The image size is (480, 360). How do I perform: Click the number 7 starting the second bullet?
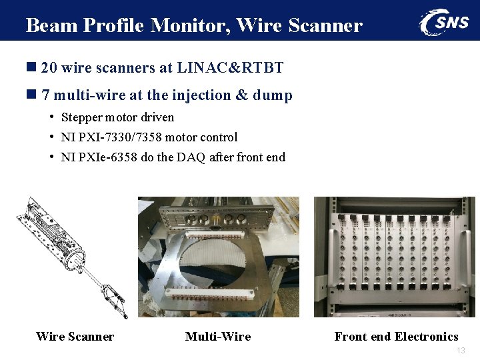[45, 95]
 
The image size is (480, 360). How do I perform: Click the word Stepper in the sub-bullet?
[81, 117]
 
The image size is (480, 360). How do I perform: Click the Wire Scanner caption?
[75, 337]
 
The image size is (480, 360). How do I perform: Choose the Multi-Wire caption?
[218, 337]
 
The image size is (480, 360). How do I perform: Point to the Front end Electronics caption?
[396, 337]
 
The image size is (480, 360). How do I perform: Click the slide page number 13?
[461, 351]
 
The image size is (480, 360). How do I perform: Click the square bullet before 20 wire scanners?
[31, 68]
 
